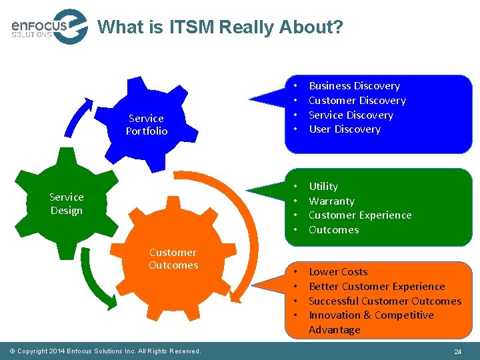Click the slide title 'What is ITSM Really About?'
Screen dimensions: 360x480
click(x=221, y=27)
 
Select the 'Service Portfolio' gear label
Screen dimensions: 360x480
click(x=147, y=125)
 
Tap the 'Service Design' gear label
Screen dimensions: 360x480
click(x=66, y=204)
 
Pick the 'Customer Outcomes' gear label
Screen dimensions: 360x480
click(x=173, y=259)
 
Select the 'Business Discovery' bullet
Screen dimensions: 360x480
click(x=354, y=86)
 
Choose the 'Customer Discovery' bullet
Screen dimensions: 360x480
click(x=357, y=101)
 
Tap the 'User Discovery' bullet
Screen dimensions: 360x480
click(x=344, y=129)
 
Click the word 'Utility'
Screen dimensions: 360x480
click(x=323, y=187)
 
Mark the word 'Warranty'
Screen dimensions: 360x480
click(x=331, y=201)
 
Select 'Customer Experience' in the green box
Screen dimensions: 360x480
click(x=360, y=215)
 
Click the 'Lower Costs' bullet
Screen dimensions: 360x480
click(x=338, y=272)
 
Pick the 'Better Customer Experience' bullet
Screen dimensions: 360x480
click(x=377, y=287)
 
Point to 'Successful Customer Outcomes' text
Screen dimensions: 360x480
click(x=385, y=301)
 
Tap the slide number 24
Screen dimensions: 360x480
click(x=457, y=351)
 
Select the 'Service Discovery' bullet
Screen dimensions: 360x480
click(x=351, y=115)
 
